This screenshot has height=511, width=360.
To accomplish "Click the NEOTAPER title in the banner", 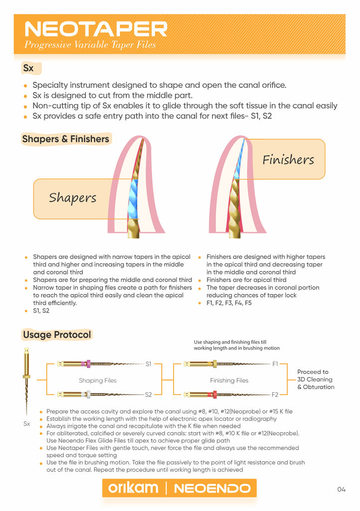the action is (x=96, y=29).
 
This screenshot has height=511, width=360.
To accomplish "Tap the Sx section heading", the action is (x=28, y=68).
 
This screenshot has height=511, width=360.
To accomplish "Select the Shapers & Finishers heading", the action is (x=65, y=139).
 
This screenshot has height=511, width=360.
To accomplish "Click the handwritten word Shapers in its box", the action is (x=73, y=198).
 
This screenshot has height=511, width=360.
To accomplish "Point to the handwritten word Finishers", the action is (x=288, y=160).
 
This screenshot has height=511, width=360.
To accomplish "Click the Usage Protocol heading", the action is (x=57, y=335).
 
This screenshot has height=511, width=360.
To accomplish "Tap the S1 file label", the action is (x=149, y=364).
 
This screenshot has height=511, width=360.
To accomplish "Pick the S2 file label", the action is (x=149, y=395).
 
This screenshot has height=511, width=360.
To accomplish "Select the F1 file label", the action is (x=275, y=364).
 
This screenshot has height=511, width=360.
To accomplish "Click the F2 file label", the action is (x=275, y=395).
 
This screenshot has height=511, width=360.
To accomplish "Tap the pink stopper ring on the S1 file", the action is (x=88, y=364).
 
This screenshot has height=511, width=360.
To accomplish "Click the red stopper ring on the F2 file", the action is (x=214, y=395).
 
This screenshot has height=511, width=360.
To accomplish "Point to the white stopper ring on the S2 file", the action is (x=88, y=395).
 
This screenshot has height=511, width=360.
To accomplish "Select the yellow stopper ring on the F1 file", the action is (x=214, y=364).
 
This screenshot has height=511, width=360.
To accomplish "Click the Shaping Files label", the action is (x=98, y=380).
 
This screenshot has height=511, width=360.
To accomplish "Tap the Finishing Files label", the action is (x=229, y=380).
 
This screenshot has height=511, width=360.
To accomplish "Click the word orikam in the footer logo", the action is (x=133, y=488).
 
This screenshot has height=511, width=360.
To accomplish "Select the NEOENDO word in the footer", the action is (x=212, y=488).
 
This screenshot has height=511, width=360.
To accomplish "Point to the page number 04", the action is (x=341, y=489).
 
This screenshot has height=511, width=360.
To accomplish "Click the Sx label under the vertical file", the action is (x=27, y=424).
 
